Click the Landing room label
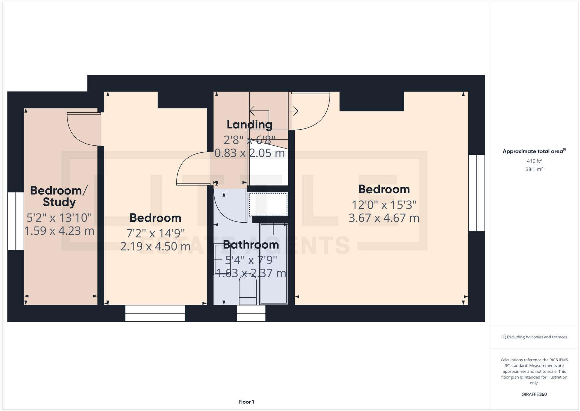pos(249,124)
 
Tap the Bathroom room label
pos(251,244)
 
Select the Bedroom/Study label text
pos(59,196)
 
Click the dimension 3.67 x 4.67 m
pos(384,218)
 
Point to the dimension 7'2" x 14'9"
pos(155,233)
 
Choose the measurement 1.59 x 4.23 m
pos(59,231)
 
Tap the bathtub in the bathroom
pos(274,264)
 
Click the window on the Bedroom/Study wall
pos(15,221)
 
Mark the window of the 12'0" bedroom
pos(476,193)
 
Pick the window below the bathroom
pos(251,313)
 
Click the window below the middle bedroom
pos(155,313)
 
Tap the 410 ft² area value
pos(534,161)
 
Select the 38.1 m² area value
pos(534,169)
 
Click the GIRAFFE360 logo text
pos(534,394)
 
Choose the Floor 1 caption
pos(246,402)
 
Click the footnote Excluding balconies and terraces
pos(534,337)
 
